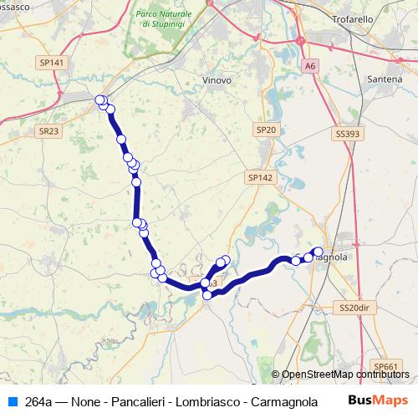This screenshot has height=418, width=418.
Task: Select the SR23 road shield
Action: [48, 131]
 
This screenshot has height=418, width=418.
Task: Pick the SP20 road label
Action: [266, 130]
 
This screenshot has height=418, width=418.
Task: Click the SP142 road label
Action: [260, 178]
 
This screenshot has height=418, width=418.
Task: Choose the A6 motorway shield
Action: [311, 64]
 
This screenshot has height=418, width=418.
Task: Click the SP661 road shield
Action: [386, 366]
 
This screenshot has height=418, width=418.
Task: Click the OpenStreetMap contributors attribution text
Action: [345, 375]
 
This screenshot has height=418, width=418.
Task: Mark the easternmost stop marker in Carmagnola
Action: [318, 252]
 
